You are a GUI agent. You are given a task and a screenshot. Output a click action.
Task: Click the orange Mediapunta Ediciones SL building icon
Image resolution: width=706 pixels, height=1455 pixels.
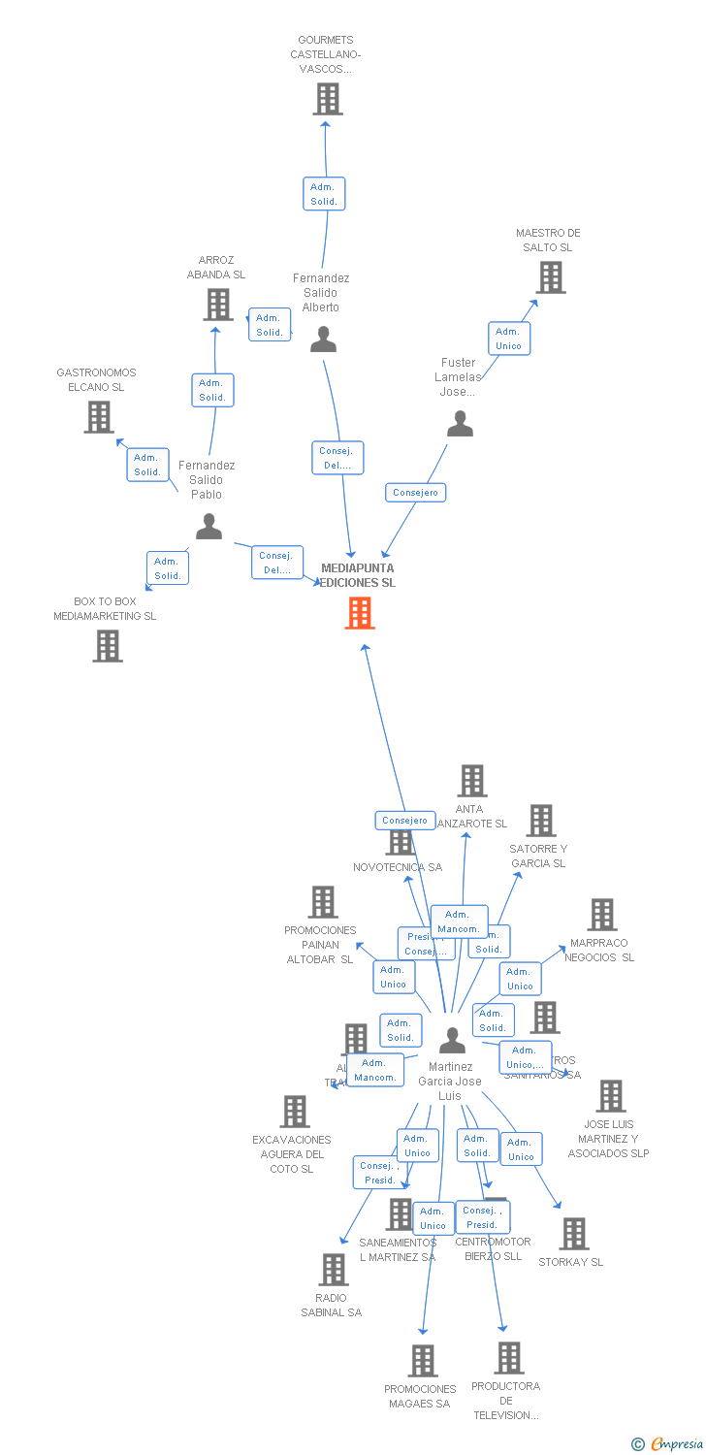tap(360, 612)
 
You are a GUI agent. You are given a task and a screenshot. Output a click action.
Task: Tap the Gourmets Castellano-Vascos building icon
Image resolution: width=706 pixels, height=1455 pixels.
tap(328, 99)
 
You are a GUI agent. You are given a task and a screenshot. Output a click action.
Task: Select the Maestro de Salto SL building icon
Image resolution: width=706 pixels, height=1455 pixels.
tap(551, 277)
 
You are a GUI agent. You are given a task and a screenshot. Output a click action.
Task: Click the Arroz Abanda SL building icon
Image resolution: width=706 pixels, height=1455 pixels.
tap(218, 305)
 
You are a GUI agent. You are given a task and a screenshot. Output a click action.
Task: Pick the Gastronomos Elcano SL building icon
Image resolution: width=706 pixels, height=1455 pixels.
tap(99, 417)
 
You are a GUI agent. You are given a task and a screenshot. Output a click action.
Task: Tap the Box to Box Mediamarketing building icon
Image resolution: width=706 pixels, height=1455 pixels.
tap(108, 646)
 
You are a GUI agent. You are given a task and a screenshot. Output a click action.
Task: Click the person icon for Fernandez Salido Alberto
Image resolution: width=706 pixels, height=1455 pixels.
tap(323, 339)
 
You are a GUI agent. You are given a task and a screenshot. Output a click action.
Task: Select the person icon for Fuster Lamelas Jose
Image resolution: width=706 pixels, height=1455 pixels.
tap(460, 424)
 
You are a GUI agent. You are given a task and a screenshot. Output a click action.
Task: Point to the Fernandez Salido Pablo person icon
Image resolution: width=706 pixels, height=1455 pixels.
tap(209, 527)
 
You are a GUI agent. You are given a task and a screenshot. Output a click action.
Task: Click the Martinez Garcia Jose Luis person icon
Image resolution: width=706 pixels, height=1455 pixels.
tap(452, 1040)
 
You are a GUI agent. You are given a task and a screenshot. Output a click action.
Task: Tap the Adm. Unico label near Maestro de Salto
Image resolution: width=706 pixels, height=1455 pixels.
tap(508, 339)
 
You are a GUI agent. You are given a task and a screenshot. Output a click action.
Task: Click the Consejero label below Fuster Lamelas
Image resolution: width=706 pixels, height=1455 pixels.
tap(416, 492)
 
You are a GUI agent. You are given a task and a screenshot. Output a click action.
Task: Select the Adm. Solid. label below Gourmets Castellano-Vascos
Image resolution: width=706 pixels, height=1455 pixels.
tap(324, 194)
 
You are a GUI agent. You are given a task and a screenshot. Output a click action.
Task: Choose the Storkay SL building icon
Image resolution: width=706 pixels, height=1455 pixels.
tap(574, 1234)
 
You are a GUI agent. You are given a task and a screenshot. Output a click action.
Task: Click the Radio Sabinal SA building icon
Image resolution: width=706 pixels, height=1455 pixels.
tap(334, 1270)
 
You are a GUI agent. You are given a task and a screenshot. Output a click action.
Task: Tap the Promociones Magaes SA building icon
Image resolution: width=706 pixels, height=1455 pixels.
tap(423, 1361)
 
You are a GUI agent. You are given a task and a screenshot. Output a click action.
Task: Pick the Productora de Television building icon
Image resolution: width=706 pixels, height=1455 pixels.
tap(509, 1358)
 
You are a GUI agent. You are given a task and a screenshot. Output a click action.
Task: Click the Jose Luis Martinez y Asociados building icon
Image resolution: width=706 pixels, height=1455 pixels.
tap(611, 1096)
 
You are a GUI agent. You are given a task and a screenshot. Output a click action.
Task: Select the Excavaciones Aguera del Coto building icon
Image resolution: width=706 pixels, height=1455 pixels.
tap(295, 1112)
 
